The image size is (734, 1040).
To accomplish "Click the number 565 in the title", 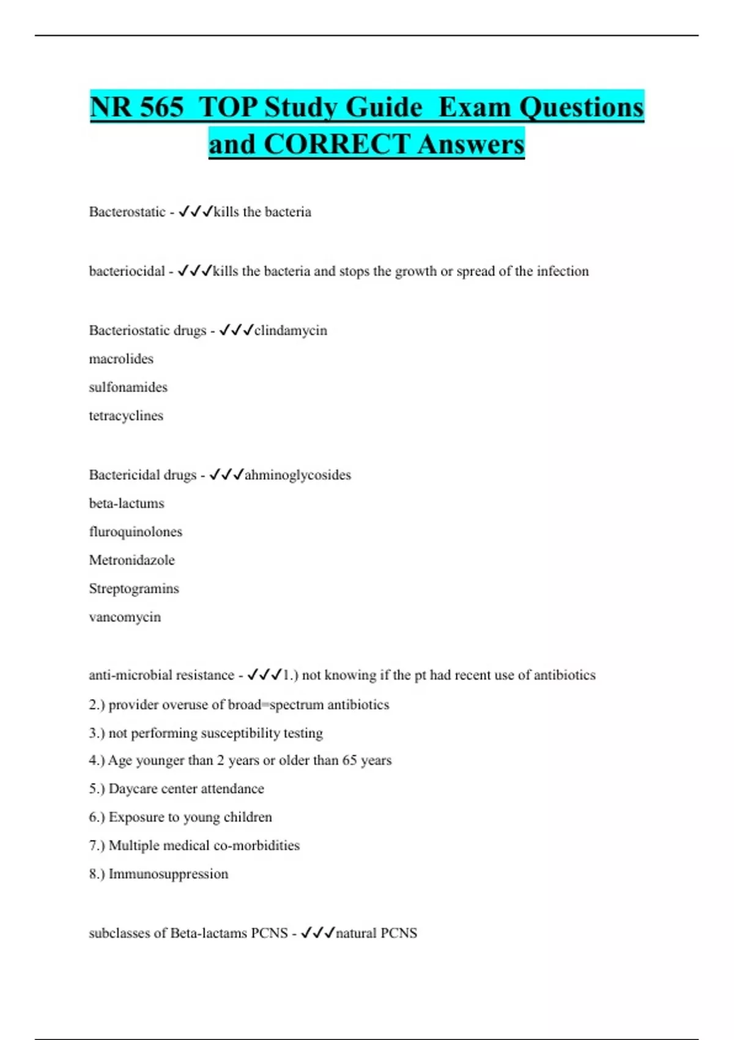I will [x=161, y=108].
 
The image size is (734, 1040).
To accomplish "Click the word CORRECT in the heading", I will [x=336, y=145].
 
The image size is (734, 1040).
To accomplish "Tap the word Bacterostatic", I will [x=127, y=212].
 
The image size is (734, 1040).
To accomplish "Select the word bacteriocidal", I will [x=127, y=272].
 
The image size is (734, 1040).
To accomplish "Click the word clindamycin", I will [x=291, y=331].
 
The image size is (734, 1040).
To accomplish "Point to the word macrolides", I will [x=121, y=359].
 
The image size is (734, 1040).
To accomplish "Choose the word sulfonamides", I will [x=128, y=387].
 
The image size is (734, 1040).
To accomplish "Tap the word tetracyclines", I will [x=126, y=416].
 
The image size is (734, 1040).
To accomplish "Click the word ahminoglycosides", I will [x=298, y=475].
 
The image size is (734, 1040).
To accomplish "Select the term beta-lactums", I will [x=127, y=503].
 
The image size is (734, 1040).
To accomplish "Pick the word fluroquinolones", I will [x=135, y=532].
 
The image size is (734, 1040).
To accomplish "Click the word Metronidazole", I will [x=132, y=560].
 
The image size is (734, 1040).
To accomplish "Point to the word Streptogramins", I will [x=134, y=589].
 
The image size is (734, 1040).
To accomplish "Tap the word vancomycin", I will [x=125, y=617].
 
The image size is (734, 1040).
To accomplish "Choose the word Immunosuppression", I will [x=168, y=874].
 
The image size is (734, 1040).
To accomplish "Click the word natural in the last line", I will [x=356, y=934].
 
